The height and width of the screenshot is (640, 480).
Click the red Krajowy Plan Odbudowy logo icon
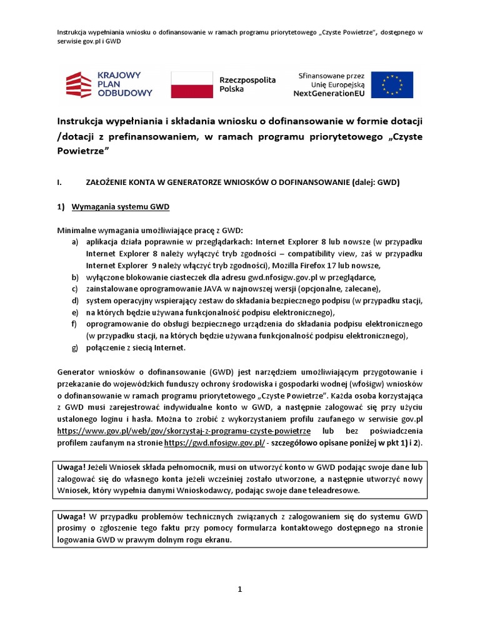pyautogui.click(x=81, y=84)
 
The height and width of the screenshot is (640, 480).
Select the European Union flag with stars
pyautogui.click(x=392, y=84)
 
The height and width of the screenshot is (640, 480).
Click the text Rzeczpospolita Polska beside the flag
pyautogui.click(x=239, y=85)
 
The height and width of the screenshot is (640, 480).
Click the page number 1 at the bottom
pyautogui.click(x=239, y=589)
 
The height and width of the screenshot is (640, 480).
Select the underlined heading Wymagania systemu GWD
pyautogui.click(x=121, y=207)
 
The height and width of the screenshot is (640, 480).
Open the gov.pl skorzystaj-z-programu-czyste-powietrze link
pyautogui.click(x=184, y=431)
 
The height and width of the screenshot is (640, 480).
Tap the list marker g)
pyautogui.click(x=75, y=347)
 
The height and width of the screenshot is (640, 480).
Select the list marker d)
pyautogui.click(x=75, y=300)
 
